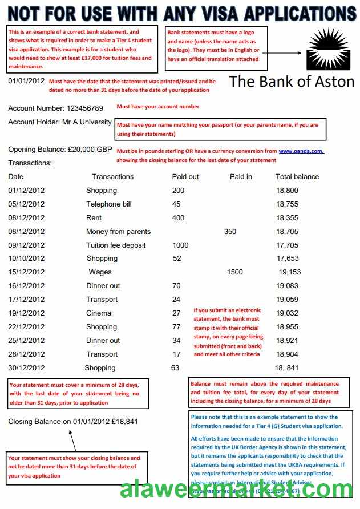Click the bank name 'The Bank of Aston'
tap(292, 82)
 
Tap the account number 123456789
tap(85, 108)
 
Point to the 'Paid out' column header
tap(185, 177)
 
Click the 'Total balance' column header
tap(297, 177)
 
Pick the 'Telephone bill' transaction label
tap(109, 204)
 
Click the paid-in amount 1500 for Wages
tap(234, 272)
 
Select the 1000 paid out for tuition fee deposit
tap(180, 245)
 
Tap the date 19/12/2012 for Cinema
tap(26, 313)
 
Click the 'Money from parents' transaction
tap(119, 232)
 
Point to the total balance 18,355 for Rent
tap(288, 218)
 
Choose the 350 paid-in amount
tap(230, 232)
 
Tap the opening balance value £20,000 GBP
tap(90, 150)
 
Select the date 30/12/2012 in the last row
tap(26, 368)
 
